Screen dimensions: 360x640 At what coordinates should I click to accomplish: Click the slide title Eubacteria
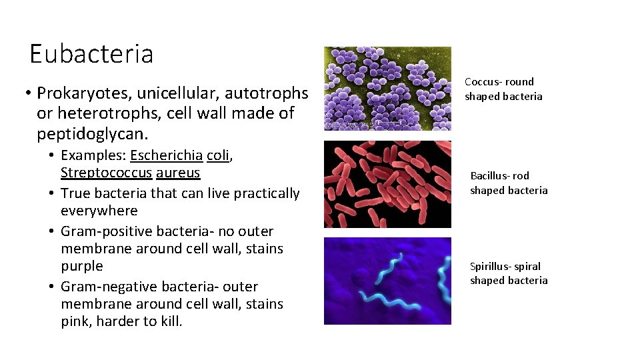click(x=91, y=53)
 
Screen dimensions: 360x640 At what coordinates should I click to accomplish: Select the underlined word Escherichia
click(x=166, y=155)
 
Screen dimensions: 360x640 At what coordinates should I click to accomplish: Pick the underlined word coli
click(x=217, y=155)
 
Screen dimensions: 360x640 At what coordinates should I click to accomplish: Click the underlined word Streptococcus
click(x=105, y=173)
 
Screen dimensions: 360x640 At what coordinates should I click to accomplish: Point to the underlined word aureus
click(x=177, y=173)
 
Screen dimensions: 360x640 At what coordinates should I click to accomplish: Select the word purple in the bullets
click(x=81, y=266)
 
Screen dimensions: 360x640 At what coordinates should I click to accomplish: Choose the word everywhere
click(x=99, y=211)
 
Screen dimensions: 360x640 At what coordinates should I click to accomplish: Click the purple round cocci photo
click(x=387, y=88)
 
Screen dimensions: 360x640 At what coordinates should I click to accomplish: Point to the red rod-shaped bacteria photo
click(x=387, y=184)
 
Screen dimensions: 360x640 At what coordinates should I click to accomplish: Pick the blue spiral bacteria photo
click(x=387, y=281)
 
